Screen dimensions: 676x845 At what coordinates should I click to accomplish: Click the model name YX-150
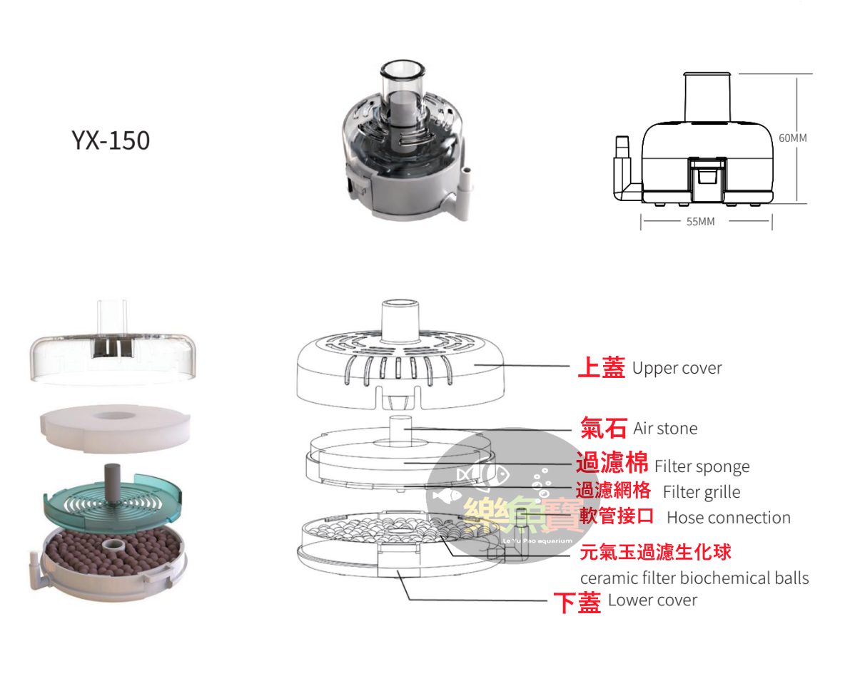(x=111, y=140)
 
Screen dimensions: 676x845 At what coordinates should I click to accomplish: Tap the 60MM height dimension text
(x=792, y=138)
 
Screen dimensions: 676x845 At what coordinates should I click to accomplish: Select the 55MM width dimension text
(x=700, y=222)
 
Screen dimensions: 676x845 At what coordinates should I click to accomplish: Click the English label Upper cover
(x=677, y=369)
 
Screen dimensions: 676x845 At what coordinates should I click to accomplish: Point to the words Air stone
(x=665, y=429)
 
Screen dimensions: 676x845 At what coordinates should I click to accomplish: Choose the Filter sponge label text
(x=702, y=466)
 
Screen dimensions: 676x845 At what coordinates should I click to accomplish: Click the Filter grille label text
(x=701, y=492)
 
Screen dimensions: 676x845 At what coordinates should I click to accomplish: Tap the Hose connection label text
(x=728, y=518)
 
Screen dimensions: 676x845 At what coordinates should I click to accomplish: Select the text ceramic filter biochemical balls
(x=694, y=578)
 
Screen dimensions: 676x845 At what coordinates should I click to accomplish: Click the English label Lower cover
(x=652, y=600)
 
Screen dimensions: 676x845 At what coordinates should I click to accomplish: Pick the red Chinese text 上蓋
(x=601, y=368)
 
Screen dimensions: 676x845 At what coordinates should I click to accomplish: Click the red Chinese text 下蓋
(x=577, y=603)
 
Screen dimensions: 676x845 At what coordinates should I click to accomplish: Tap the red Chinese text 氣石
(x=604, y=428)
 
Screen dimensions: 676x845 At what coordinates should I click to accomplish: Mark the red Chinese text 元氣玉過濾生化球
(x=655, y=551)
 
